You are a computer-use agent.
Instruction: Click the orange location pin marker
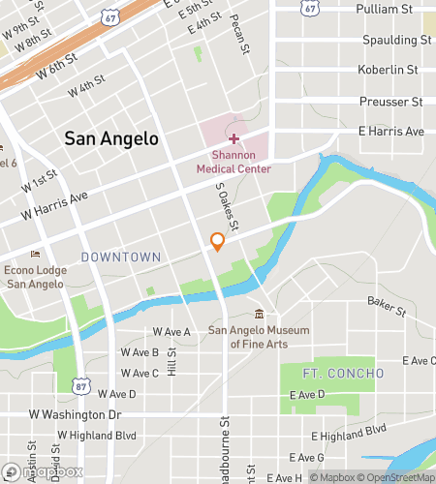pos(218,242)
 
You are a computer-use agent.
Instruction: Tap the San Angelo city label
pos(111,138)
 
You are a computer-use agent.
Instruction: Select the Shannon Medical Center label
pos(234,162)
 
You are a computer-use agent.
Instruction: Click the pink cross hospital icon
pos(234,139)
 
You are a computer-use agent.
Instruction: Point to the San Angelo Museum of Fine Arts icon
pos(259,315)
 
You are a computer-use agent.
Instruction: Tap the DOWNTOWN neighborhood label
pos(121,257)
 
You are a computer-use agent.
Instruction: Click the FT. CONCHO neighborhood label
pos(329,373)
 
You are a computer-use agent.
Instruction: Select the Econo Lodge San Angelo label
pos(36,277)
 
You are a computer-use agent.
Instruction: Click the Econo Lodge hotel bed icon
pos(36,255)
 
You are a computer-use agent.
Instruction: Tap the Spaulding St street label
pos(395,41)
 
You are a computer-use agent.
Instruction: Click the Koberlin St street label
pos(388,70)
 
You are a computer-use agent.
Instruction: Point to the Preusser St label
pos(391,101)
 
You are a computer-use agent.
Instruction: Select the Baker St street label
pos(385,308)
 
